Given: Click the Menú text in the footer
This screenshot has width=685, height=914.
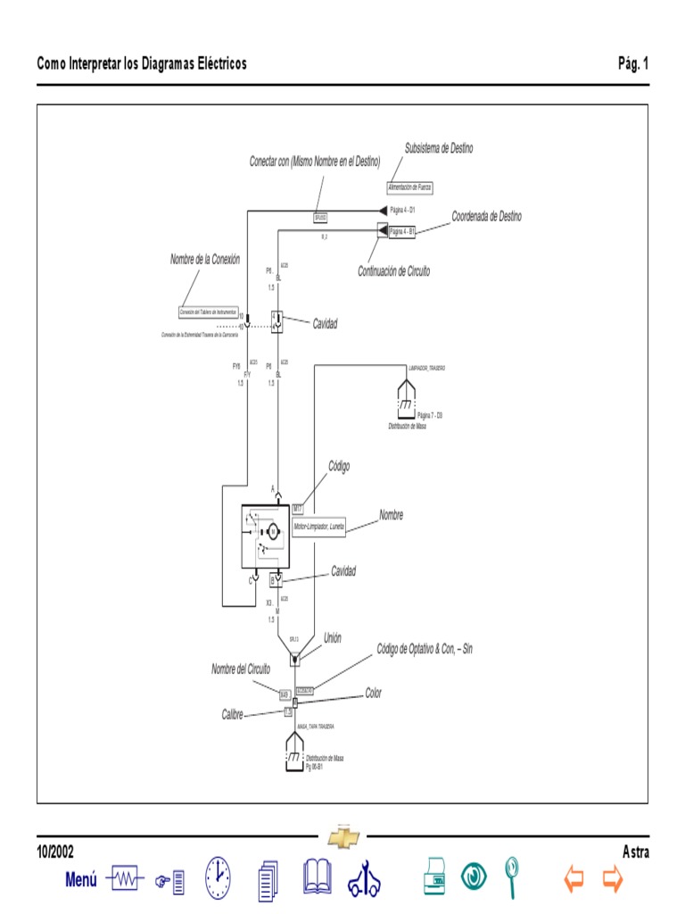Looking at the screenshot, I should pyautogui.click(x=81, y=880).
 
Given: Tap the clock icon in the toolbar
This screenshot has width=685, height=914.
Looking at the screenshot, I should pyautogui.click(x=218, y=878).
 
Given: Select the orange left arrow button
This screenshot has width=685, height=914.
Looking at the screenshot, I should pyautogui.click(x=574, y=880).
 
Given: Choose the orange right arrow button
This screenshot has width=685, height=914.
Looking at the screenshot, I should pyautogui.click(x=612, y=880).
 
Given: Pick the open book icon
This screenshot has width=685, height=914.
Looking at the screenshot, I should pyautogui.click(x=317, y=878).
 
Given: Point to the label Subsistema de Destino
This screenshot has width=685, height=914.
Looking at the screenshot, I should pyautogui.click(x=439, y=148).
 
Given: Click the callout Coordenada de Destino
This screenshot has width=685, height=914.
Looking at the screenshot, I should pyautogui.click(x=486, y=217).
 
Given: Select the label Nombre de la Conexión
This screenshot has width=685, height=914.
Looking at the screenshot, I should pyautogui.click(x=205, y=260).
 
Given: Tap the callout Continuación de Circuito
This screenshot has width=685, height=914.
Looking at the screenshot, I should pyautogui.click(x=393, y=271).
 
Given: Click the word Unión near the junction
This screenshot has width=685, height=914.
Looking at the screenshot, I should pyautogui.click(x=332, y=638).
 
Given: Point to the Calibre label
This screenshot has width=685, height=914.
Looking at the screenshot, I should pyautogui.click(x=233, y=715).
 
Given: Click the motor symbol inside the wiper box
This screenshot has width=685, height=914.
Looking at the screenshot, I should pyautogui.click(x=275, y=531).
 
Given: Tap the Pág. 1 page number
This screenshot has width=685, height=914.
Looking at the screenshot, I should pyautogui.click(x=633, y=63).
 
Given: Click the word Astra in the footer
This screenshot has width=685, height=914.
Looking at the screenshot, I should pyautogui.click(x=635, y=852).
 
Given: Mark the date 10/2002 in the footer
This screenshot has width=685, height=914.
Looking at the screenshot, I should pyautogui.click(x=55, y=852).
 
